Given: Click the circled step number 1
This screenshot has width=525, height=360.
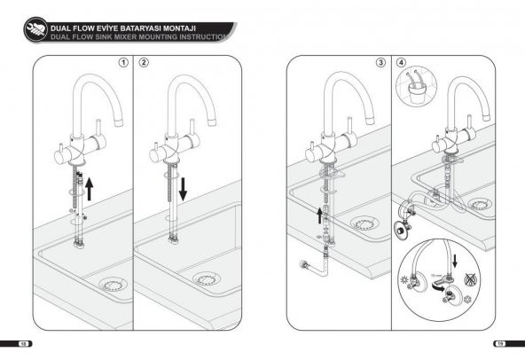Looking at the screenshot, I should point(124,64).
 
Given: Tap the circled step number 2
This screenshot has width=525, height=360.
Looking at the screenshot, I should point(144,64).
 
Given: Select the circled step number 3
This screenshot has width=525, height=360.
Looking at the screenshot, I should point(380,64).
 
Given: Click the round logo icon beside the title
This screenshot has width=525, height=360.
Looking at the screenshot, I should point(35,31).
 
